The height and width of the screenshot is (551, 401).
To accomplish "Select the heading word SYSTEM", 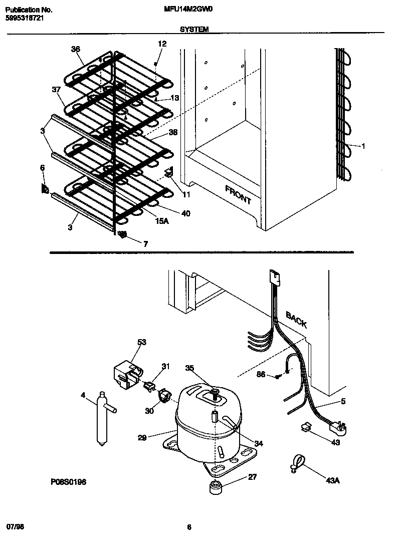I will click(194, 30).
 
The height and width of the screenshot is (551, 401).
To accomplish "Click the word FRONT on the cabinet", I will click(238, 195).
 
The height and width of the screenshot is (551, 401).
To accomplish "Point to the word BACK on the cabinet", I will click(296, 319).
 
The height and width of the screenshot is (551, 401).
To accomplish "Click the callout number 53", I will click(142, 342).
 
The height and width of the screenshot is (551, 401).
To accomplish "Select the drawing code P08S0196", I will click(68, 481).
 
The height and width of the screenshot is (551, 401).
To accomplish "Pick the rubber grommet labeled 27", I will click(216, 486).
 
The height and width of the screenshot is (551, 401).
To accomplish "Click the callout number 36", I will click(76, 49).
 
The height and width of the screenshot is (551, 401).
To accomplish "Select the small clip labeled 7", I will click(122, 234).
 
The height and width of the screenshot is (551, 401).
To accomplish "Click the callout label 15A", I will click(161, 220).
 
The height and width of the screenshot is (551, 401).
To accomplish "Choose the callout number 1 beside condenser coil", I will click(363, 146).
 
